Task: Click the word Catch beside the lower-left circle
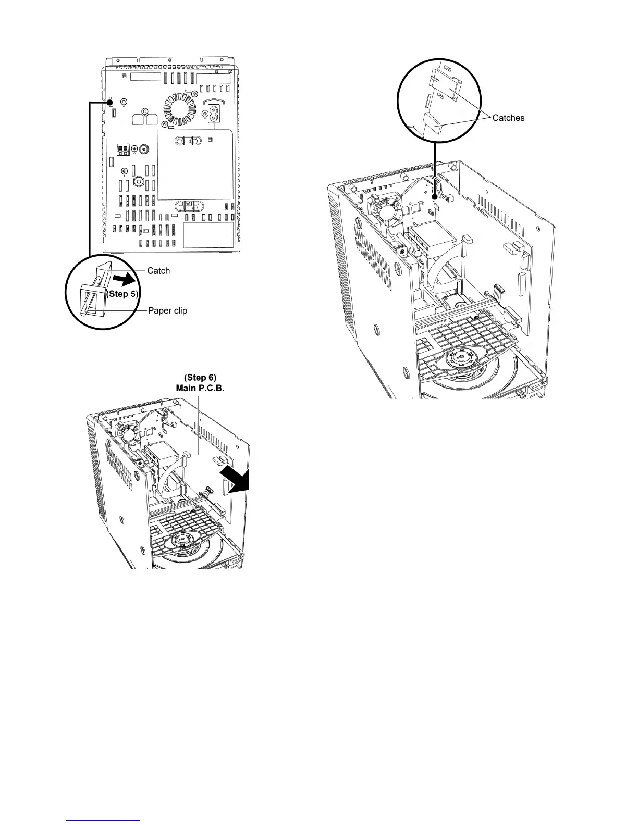pyautogui.click(x=158, y=271)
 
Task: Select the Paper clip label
pyautogui.click(x=167, y=311)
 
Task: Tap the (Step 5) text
pyautogui.click(x=122, y=294)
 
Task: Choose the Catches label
pyautogui.click(x=508, y=118)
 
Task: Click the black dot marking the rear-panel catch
pyautogui.click(x=111, y=102)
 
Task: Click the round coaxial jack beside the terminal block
pyautogui.click(x=135, y=149)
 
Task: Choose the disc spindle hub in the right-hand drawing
pyautogui.click(x=459, y=359)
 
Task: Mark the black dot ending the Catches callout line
pyautogui.click(x=434, y=197)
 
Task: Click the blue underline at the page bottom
pyautogui.click(x=104, y=820)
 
